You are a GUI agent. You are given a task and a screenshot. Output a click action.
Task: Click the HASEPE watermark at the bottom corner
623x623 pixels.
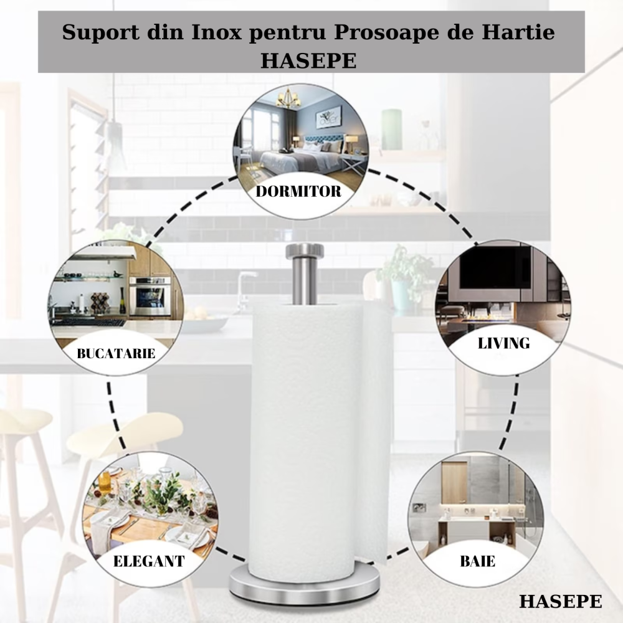click(x=560, y=601)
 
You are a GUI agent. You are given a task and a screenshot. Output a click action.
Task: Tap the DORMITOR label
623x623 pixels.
click(x=298, y=191)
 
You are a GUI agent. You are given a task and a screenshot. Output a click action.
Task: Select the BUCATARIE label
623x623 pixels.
click(x=116, y=354)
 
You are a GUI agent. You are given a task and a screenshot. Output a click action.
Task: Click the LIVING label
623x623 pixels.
click(x=503, y=343)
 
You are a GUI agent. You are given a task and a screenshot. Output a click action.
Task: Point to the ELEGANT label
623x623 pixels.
click(x=149, y=561)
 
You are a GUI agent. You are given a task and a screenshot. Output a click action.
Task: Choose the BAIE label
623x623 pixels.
click(x=478, y=561)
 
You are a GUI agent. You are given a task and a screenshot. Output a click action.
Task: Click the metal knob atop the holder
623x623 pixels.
click(x=305, y=251)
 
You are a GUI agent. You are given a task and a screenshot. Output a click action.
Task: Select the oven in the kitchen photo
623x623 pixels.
click(x=150, y=297)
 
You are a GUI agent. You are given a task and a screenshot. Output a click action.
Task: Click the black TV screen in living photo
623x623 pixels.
click(x=495, y=267)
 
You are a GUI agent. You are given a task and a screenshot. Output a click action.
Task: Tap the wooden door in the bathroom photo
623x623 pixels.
click(x=454, y=483)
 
